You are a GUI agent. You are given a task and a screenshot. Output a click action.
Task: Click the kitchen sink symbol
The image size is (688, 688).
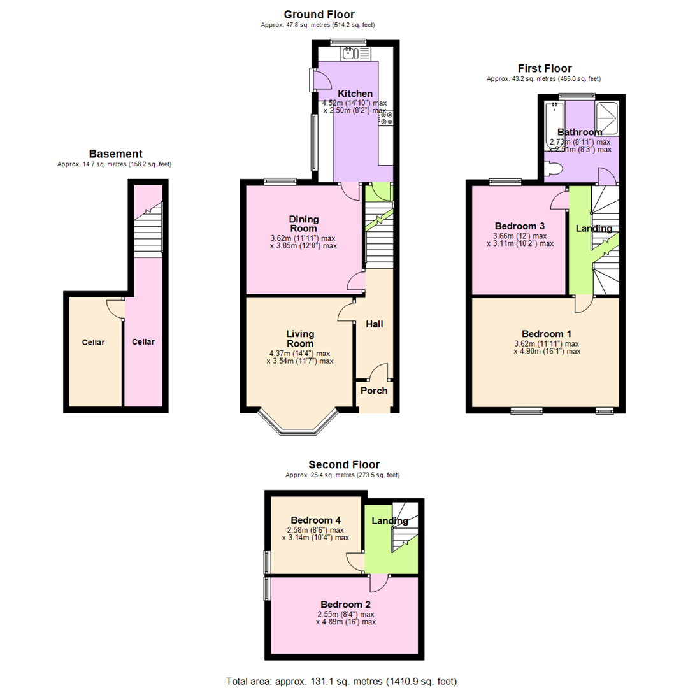[x=356, y=54]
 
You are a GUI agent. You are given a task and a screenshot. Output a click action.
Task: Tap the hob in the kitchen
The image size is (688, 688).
[x=386, y=118]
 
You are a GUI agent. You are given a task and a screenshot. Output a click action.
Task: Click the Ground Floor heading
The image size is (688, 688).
[x=319, y=15]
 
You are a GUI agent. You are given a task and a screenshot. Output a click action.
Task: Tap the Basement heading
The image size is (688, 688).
[x=116, y=154]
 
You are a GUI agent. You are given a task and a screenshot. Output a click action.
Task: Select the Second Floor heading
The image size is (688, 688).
[x=344, y=464]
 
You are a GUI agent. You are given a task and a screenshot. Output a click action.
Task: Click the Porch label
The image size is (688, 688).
[x=375, y=391]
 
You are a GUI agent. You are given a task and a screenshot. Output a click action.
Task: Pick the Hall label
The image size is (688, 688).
[x=375, y=324]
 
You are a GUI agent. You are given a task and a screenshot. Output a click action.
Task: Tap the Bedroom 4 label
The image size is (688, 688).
[x=316, y=520]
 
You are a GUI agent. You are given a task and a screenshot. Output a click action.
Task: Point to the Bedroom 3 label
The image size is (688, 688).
[x=520, y=226]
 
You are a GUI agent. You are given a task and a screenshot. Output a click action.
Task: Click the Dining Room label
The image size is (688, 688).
[x=304, y=224]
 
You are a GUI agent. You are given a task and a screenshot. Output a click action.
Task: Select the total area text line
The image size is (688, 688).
[x=341, y=681]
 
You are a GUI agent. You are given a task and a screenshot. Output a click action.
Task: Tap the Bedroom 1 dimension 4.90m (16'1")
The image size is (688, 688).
[x=547, y=352]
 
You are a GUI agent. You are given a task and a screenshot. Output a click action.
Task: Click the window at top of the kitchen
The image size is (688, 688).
[x=348, y=42]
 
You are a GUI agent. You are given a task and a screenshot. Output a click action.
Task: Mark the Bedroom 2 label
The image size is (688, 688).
[x=346, y=605]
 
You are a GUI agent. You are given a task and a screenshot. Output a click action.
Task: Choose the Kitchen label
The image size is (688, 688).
[x=355, y=94]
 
